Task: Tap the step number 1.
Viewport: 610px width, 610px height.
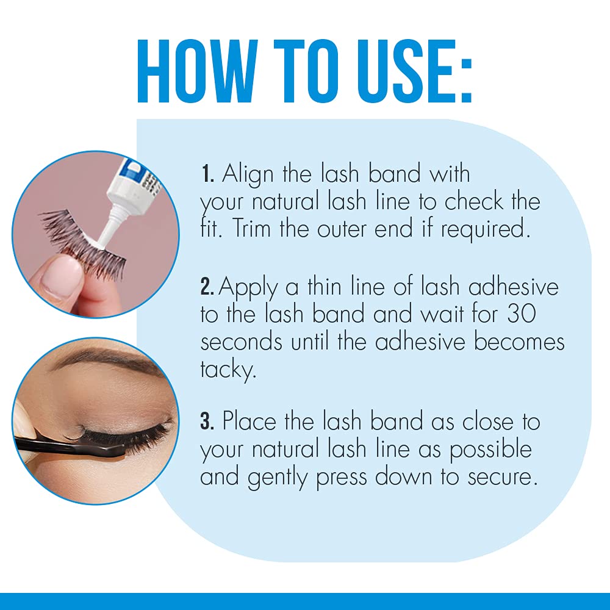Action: pos(206,174)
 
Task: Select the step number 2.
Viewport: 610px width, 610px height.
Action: pos(207,286)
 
